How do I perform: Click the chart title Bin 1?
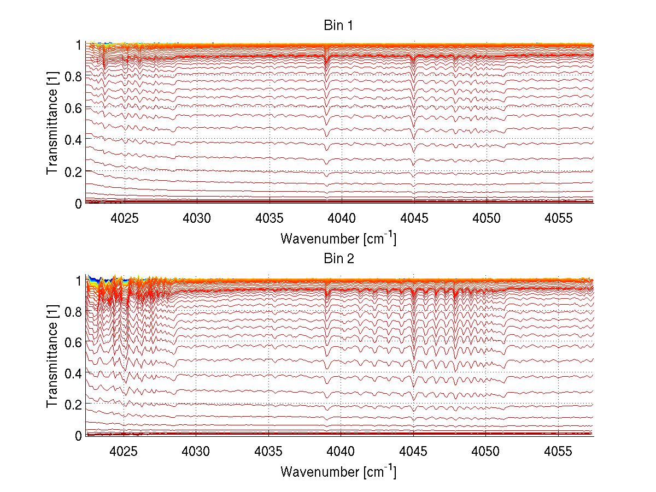[339, 26]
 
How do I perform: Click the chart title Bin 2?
[339, 258]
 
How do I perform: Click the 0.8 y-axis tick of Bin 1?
[73, 76]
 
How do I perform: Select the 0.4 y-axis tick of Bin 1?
[73, 140]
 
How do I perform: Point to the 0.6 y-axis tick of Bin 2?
[73, 342]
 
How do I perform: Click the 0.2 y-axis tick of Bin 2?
[73, 404]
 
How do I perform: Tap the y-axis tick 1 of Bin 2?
[79, 280]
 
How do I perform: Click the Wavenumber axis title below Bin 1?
[338, 238]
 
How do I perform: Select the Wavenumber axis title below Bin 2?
[338, 471]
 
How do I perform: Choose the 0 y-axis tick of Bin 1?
[79, 203]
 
